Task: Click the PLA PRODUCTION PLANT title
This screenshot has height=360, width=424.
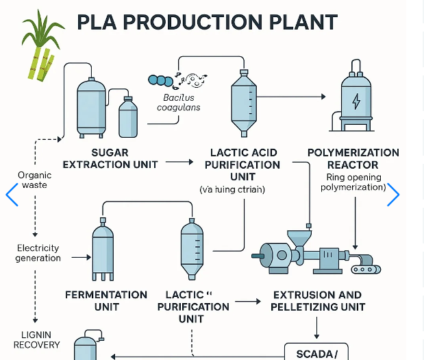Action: (207, 22)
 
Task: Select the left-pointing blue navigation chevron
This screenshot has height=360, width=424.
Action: (12, 195)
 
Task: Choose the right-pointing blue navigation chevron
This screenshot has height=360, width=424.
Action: (393, 195)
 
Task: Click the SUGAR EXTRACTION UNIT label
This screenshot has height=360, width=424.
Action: (110, 158)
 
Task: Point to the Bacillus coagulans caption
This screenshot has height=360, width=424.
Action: (179, 103)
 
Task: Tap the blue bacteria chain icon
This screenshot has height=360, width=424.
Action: (161, 81)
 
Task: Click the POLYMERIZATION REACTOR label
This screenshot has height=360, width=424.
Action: (353, 158)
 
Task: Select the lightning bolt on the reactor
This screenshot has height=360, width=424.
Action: (356, 101)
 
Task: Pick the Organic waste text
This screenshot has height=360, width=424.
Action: (34, 180)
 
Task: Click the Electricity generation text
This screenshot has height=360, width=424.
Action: (38, 253)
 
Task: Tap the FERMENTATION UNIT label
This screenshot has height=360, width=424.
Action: (106, 300)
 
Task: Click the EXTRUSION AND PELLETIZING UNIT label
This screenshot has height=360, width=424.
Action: (317, 300)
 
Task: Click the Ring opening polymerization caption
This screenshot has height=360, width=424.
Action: (353, 182)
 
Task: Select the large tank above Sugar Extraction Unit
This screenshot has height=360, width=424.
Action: (91, 106)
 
